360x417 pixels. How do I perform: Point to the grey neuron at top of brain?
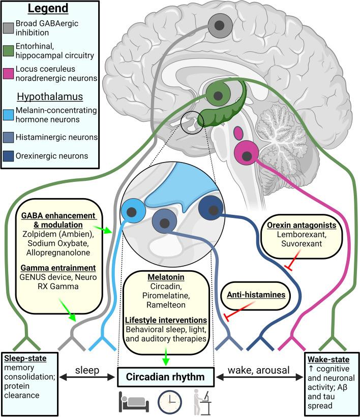tap(221, 24)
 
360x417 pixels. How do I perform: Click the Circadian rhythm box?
tap(168, 377)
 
